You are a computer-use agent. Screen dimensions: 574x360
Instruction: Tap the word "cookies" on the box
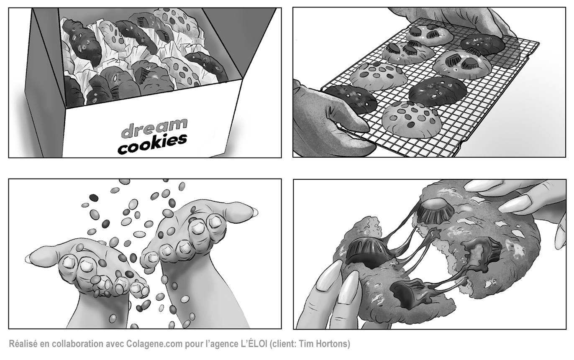(x=152, y=144)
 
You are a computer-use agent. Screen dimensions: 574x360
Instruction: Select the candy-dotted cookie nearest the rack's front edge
(x=412, y=120)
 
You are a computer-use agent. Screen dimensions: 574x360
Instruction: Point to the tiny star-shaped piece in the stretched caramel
(x=436, y=233)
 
